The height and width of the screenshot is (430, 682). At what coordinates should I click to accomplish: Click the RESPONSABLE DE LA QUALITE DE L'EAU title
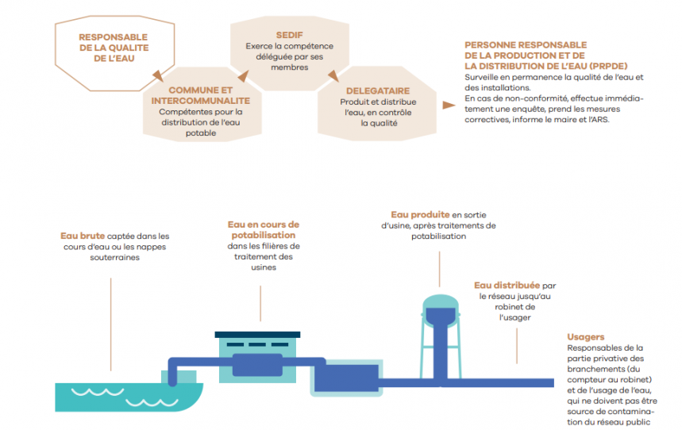point(113,48)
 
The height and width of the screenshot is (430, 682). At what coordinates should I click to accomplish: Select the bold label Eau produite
point(420,214)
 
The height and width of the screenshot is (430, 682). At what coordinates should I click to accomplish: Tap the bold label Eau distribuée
point(507,285)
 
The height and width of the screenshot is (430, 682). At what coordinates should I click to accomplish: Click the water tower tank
point(438,312)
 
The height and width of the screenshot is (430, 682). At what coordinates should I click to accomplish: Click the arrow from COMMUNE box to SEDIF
point(242,76)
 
